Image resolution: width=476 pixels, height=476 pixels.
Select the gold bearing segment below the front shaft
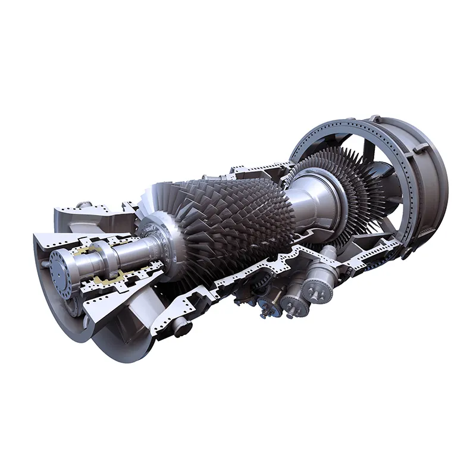[x=113, y=278]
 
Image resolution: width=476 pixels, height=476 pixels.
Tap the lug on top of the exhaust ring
[x=374, y=118]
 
